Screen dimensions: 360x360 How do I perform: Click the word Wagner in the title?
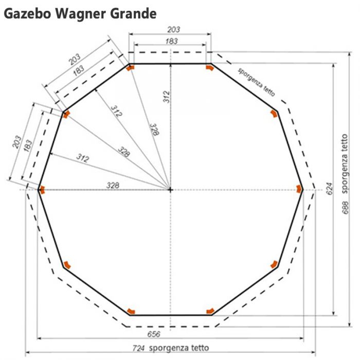(81, 14)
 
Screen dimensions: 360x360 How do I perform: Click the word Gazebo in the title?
(27, 14)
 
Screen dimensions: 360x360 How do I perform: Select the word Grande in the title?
(133, 13)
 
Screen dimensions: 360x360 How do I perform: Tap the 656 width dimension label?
(154, 334)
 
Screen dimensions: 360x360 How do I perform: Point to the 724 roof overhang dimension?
(138, 348)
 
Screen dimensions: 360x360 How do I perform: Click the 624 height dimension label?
(330, 189)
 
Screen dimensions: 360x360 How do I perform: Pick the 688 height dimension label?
(346, 208)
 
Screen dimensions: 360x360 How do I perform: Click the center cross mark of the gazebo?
(170, 190)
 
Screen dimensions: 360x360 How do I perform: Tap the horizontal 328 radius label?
(113, 185)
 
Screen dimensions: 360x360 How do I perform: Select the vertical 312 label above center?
(167, 97)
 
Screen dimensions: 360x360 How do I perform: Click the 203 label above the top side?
(174, 29)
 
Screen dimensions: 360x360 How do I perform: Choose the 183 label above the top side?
(171, 41)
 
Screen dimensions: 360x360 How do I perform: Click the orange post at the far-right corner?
(299, 189)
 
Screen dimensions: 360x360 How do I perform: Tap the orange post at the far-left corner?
(42, 190)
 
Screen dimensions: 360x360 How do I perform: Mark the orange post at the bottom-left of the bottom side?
(131, 311)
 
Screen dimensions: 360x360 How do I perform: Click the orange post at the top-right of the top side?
(209, 68)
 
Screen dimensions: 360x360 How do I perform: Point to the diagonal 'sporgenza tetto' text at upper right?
(256, 82)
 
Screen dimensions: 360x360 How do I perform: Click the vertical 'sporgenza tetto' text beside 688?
(345, 164)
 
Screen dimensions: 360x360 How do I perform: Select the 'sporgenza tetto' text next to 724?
(179, 348)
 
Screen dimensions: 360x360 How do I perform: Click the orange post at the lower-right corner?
(274, 264)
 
